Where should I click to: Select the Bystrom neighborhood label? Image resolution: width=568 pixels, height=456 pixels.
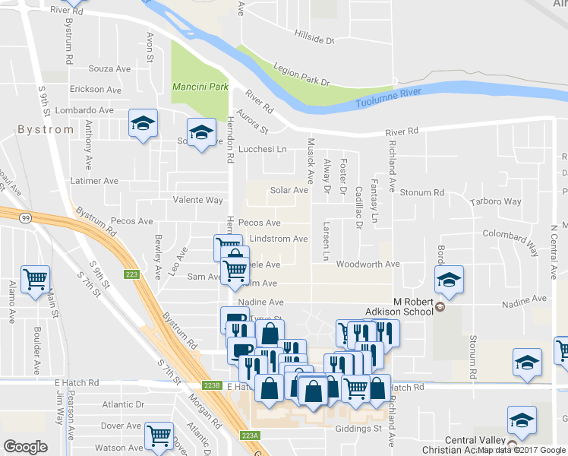click(x=46, y=129)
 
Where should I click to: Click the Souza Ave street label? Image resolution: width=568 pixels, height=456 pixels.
click(x=110, y=69)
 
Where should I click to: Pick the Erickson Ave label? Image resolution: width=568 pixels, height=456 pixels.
click(x=96, y=90)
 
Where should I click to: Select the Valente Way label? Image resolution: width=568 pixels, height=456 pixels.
click(x=197, y=201)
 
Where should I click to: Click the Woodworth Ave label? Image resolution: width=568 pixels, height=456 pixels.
click(x=368, y=264)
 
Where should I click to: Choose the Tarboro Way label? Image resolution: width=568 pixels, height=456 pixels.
click(x=496, y=202)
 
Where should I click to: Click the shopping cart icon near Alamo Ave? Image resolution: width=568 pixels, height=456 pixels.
click(x=35, y=280)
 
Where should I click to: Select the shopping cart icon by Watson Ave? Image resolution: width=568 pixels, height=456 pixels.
click(x=159, y=435)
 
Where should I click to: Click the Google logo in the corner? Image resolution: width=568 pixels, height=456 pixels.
click(x=25, y=447)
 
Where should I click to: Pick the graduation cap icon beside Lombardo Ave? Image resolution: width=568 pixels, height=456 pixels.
click(x=142, y=124)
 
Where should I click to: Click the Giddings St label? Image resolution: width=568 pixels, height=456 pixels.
click(x=358, y=429)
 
